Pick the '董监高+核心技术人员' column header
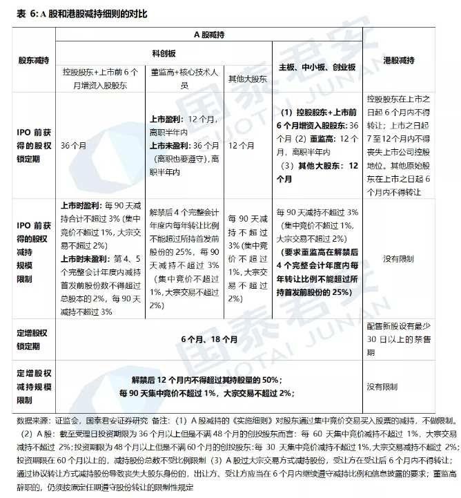tap(184, 77)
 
